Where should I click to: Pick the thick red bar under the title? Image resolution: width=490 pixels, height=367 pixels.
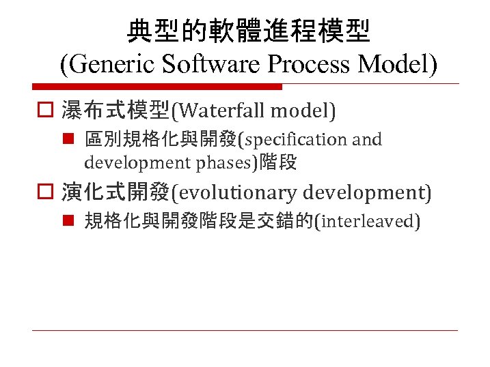coord(157,87)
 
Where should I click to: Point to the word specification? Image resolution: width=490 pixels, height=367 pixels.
coord(297,140)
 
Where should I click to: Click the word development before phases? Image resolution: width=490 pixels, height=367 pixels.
coord(137,162)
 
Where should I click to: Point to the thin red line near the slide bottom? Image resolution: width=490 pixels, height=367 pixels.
coord(245,330)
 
